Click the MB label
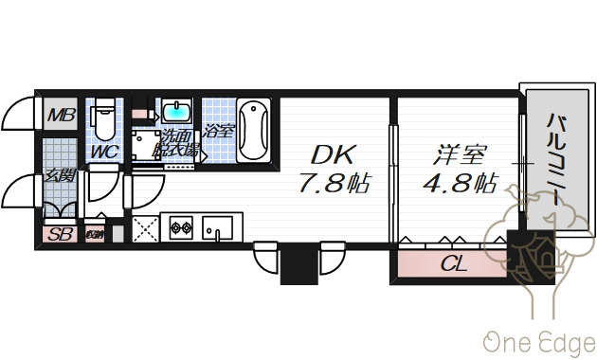click(x=62, y=117)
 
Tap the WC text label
click(x=103, y=151)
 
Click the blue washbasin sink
click(x=176, y=112)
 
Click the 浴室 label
click(x=218, y=131)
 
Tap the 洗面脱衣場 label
click(x=178, y=142)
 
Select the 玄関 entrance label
click(x=60, y=176)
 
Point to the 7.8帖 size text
click(x=335, y=183)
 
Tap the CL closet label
click(x=454, y=264)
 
